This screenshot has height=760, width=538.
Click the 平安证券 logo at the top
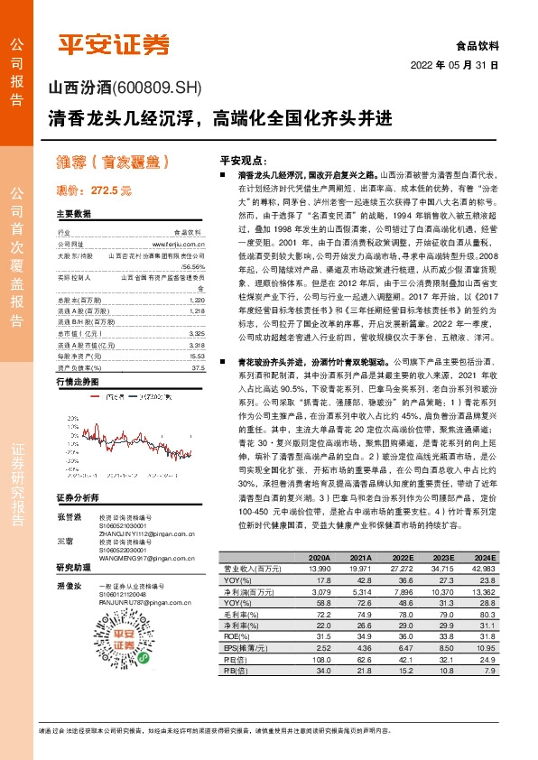114,44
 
